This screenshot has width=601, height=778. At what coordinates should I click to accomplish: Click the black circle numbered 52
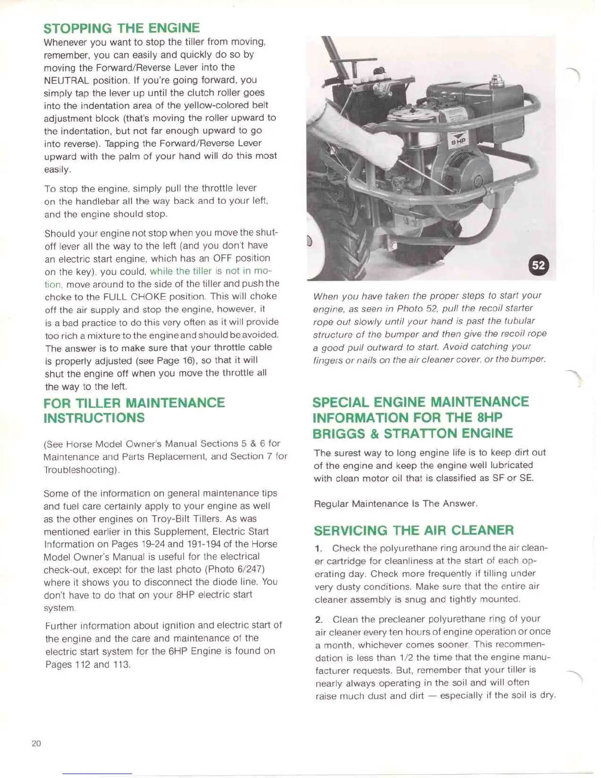pos(538,265)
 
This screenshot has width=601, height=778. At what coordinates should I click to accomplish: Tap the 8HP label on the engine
pos(459,141)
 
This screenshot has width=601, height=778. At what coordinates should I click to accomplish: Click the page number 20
pos(36,743)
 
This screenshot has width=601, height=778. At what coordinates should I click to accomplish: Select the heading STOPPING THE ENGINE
pos(121,28)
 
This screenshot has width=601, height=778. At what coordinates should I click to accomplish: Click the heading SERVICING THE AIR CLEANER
pos(413,530)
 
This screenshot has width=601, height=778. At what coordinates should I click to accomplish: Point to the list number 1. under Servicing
pos(319,548)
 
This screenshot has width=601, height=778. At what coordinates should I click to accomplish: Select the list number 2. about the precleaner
pos(319,619)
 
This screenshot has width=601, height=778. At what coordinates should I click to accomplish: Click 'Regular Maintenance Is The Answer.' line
pos(395,503)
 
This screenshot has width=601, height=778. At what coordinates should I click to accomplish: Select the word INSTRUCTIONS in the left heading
pos(94,418)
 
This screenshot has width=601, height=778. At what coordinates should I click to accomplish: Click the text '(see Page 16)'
pos(169,360)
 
